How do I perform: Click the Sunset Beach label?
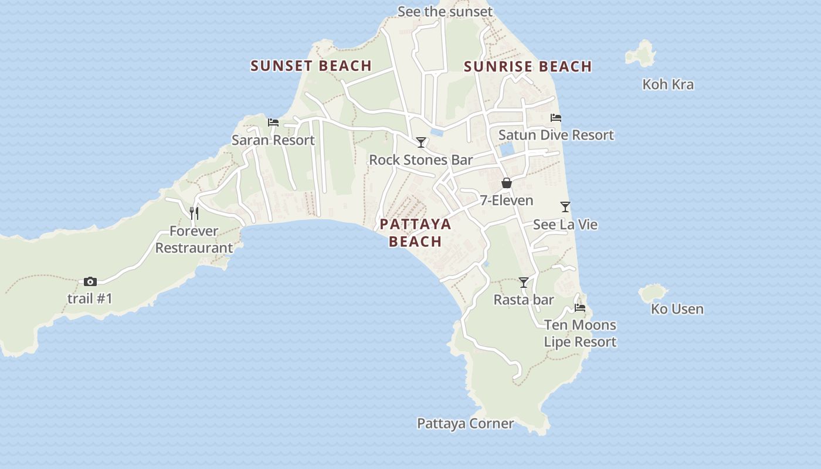[x=311, y=66]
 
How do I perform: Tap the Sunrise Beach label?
[x=528, y=67]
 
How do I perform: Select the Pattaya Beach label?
[x=415, y=233]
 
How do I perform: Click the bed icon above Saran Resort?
[x=273, y=123]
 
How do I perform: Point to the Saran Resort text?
[x=273, y=140]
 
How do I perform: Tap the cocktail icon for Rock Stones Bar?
[x=421, y=142]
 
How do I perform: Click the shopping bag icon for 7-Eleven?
[x=507, y=183]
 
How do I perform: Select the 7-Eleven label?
[x=507, y=200]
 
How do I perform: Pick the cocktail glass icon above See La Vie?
[x=565, y=207]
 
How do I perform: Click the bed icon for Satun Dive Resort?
[x=556, y=118]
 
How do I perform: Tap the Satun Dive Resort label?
[x=556, y=135]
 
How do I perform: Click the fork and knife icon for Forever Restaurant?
[x=194, y=213]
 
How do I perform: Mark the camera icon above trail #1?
[x=90, y=281]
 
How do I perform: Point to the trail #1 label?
[x=90, y=298]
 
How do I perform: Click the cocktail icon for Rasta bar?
[x=524, y=283]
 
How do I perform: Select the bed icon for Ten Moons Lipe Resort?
[x=580, y=308]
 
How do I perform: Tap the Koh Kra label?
[x=668, y=84]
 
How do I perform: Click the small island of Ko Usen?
[x=653, y=293]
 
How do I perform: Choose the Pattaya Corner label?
[x=465, y=423]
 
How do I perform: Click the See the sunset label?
[x=445, y=12]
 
